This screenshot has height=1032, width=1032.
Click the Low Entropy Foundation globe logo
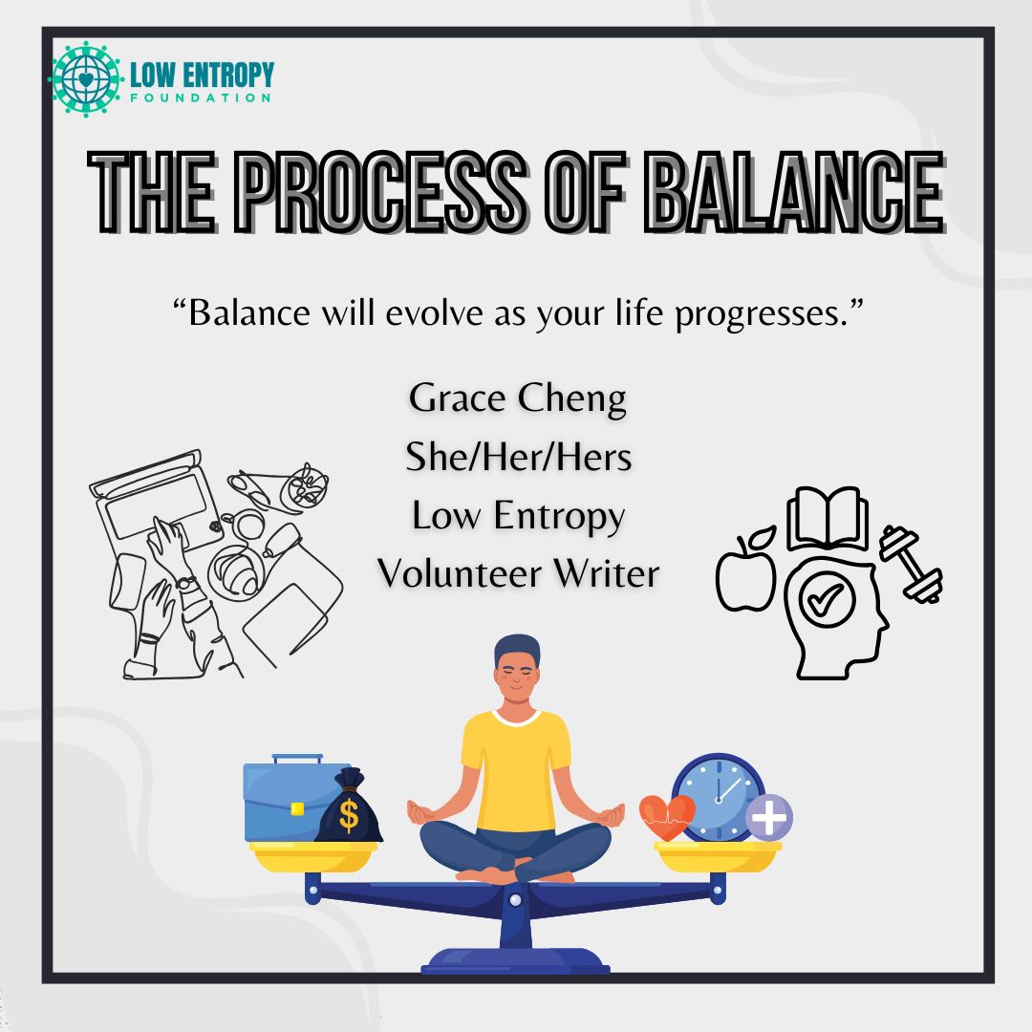[86, 79]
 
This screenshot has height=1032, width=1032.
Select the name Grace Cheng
[517, 398]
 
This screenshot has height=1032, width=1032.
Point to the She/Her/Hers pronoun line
[518, 457]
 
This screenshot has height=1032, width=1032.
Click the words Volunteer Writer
[518, 573]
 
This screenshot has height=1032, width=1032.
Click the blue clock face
[719, 796]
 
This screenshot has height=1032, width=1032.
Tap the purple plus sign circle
[769, 818]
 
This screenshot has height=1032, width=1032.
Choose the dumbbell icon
[912, 564]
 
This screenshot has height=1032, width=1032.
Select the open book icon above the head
[827, 521]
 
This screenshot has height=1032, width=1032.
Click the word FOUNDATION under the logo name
[200, 97]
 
